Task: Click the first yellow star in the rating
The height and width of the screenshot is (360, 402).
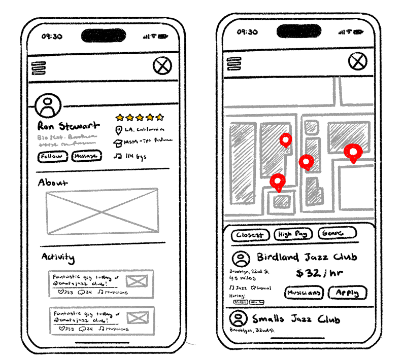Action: [120, 118]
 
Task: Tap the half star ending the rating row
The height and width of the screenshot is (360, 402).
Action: [159, 117]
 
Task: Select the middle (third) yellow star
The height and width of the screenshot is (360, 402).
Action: [140, 118]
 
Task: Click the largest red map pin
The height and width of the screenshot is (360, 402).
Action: [353, 152]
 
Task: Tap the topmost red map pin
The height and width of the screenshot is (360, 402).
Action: [286, 139]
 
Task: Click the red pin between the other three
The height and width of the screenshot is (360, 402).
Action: [306, 162]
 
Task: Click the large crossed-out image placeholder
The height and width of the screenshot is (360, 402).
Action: [102, 211]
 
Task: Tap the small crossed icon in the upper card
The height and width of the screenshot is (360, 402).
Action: [137, 281]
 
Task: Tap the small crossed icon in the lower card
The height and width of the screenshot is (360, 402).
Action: [138, 318]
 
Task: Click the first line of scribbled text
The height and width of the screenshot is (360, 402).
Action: [66, 137]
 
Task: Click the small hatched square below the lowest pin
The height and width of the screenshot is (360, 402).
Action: [281, 201]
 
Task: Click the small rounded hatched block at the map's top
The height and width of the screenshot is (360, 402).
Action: [311, 127]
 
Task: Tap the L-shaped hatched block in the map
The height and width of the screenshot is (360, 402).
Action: [313, 192]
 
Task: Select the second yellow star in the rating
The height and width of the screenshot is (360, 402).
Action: [130, 118]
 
